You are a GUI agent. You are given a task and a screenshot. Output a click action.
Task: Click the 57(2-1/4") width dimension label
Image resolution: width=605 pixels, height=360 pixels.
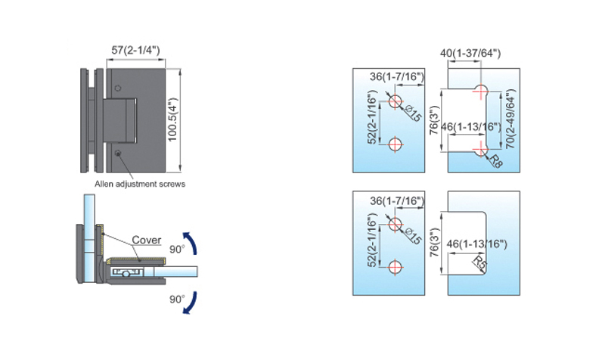point(135,50)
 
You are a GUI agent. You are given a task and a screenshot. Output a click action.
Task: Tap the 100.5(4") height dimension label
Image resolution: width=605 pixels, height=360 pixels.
point(172,119)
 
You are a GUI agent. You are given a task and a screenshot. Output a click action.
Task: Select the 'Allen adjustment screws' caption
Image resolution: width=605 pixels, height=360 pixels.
point(140,184)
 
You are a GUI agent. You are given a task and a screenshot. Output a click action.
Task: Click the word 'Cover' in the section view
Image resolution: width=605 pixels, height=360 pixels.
point(147,240)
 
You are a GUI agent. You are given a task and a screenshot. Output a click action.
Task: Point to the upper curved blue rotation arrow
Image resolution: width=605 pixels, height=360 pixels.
point(193,243)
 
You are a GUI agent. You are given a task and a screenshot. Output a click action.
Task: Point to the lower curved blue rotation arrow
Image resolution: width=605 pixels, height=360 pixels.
point(192,303)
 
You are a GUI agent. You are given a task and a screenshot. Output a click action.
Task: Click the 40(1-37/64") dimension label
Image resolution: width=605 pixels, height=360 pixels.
point(470,53)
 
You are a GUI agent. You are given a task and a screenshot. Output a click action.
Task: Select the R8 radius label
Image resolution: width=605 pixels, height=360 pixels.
point(496,161)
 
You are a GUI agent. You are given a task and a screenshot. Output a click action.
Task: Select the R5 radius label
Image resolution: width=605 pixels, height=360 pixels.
point(479,262)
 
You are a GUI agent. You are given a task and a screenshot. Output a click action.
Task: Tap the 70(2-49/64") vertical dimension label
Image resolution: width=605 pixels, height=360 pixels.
point(510,119)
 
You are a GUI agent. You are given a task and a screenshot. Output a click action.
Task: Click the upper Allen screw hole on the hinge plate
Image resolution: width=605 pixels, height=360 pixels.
point(118,88)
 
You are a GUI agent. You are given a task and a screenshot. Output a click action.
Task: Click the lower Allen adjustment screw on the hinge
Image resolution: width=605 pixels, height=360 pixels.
point(118,154)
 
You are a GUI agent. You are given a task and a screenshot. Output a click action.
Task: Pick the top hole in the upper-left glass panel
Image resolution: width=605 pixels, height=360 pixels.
point(395,101)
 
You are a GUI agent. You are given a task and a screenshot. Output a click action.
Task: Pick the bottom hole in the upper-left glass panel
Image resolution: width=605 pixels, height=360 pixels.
point(395,145)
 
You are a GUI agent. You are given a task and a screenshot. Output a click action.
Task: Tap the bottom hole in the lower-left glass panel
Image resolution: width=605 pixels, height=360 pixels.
point(395,268)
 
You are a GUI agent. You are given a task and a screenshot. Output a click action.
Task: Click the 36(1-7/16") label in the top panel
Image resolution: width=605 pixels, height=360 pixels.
point(397,77)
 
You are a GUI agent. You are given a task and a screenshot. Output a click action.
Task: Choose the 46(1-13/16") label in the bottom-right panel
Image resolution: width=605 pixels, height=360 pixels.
point(477,244)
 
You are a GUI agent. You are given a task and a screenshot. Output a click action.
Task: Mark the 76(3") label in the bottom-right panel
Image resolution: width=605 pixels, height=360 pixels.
point(434,242)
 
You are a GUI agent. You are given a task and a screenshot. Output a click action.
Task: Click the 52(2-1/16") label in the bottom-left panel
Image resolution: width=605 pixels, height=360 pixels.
point(371,241)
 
